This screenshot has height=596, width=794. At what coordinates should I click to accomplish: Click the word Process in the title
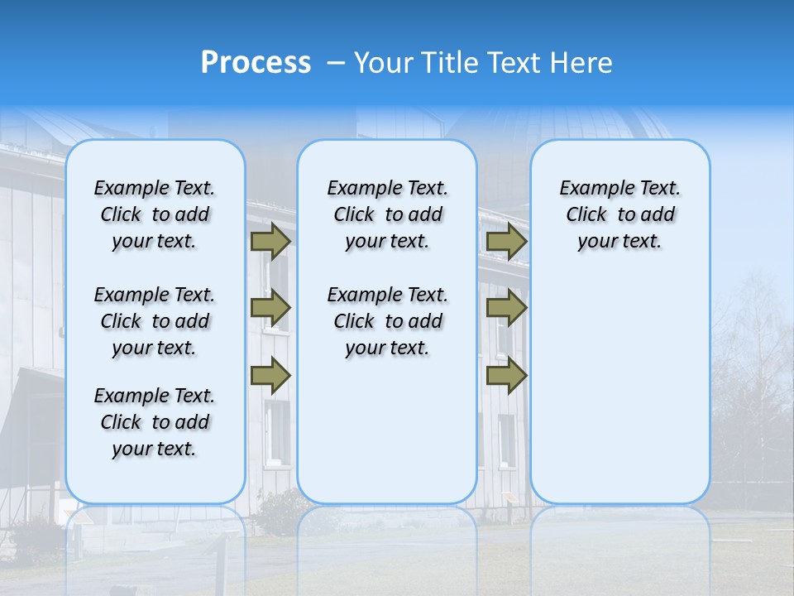pyautogui.click(x=256, y=63)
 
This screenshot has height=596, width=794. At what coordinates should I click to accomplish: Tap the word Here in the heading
pyautogui.click(x=583, y=63)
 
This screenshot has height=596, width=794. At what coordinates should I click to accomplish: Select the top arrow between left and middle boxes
pyautogui.click(x=270, y=242)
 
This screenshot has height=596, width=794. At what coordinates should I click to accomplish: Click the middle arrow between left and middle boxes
pyautogui.click(x=270, y=308)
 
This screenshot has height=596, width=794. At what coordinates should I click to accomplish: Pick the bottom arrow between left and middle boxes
pyautogui.click(x=270, y=375)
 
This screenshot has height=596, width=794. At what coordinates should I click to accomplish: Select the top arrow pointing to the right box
pyautogui.click(x=506, y=242)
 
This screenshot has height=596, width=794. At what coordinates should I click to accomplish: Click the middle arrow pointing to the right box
pyautogui.click(x=506, y=308)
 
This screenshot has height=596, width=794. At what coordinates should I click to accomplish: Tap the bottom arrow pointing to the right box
pyautogui.click(x=506, y=375)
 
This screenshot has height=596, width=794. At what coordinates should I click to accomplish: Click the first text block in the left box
pyautogui.click(x=155, y=214)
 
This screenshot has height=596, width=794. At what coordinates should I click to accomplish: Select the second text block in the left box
pyautogui.click(x=155, y=321)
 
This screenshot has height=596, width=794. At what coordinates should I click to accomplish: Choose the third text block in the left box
pyautogui.click(x=155, y=422)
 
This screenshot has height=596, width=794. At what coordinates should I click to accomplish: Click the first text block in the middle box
pyautogui.click(x=387, y=214)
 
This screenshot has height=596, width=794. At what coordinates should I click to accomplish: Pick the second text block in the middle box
pyautogui.click(x=387, y=321)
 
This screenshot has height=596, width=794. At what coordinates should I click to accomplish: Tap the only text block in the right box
pyautogui.click(x=619, y=214)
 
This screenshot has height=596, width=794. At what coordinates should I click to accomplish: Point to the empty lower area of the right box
pyautogui.click(x=619, y=381)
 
